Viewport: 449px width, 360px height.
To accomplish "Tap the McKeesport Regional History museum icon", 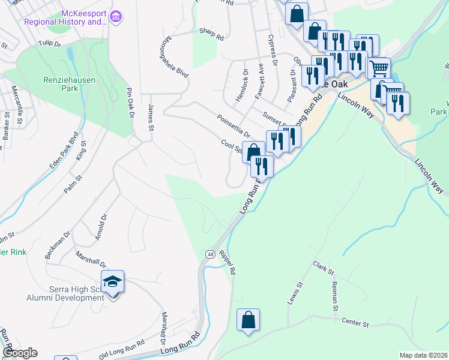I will coord(116,18).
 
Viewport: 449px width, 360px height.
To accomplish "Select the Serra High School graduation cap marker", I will coord(112,281).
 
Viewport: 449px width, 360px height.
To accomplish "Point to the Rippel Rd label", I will coord(228,262).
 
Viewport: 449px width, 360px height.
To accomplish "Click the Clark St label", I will coord(323,268).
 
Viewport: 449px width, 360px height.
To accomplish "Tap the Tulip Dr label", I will coord(50,43).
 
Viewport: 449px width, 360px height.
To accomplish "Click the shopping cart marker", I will coord(378,69).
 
